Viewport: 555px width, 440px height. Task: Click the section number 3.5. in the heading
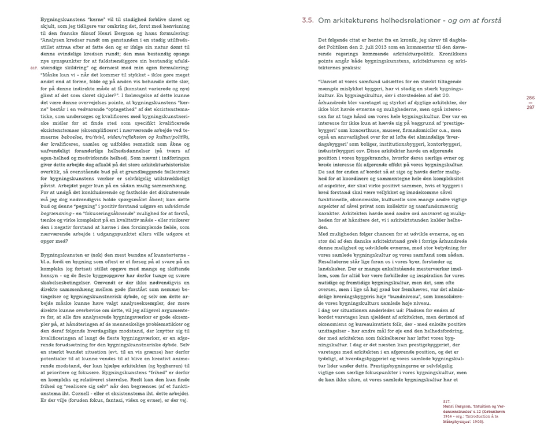point(308,20)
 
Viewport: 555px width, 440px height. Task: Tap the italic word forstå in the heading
point(491,20)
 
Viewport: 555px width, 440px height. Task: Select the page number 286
point(530,98)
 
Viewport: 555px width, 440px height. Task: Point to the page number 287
point(530,108)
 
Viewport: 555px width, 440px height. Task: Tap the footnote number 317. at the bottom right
point(446,401)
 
